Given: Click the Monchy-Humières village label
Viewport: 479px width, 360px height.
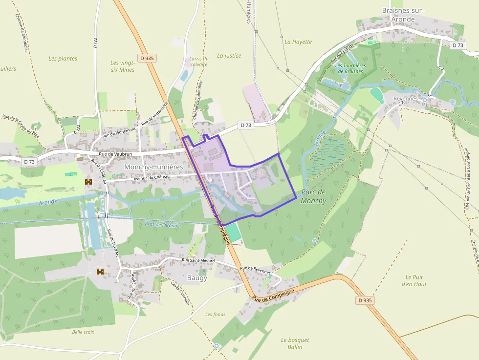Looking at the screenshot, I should tap(153, 167).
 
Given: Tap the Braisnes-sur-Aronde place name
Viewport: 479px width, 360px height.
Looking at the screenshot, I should tap(403, 15).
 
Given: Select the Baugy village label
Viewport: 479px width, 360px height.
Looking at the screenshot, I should tap(197, 278).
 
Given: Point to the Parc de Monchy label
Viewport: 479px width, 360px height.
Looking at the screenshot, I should tap(313, 196).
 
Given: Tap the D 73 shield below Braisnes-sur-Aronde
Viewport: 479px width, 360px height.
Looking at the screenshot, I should tap(457, 45).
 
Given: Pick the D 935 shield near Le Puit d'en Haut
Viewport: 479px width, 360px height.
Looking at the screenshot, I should tap(366, 300).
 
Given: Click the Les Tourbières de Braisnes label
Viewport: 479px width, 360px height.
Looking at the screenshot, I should tap(349, 68).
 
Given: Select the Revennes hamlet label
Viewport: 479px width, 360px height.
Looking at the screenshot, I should tap(406, 98).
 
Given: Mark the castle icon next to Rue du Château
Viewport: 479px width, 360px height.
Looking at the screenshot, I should tap(88, 182).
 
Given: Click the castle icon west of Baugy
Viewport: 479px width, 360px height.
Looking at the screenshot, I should tap(101, 272).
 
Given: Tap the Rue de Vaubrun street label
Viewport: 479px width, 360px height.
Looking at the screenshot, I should tap(116, 154).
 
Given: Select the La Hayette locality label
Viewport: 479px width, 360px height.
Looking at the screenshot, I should tap(298, 42).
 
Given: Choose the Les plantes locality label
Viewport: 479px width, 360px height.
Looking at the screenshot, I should tap(63, 59).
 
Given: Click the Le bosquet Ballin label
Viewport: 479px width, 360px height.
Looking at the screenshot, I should tap(295, 343).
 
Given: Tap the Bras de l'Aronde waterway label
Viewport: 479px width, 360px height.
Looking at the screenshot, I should tap(162, 225).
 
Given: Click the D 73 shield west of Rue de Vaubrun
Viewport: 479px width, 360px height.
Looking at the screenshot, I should tap(29, 161).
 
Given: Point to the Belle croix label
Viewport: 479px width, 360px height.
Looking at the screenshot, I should tap(83, 332).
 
